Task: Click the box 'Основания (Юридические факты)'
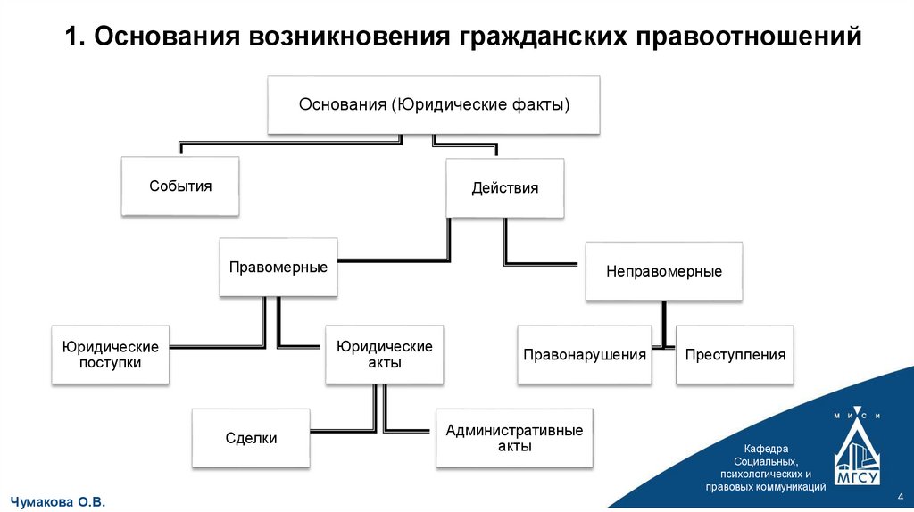[x=434, y=105]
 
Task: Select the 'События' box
[x=180, y=186]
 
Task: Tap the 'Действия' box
[x=505, y=188]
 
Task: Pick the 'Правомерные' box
[x=278, y=268]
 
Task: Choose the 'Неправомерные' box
[x=664, y=271]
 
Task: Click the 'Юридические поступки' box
[x=110, y=355]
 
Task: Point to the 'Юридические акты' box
[x=384, y=354]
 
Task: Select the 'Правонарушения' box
[x=585, y=355]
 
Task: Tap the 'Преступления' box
[x=735, y=355]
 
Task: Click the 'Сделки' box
[x=251, y=438]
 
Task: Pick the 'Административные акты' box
[x=514, y=438]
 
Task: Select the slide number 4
[x=899, y=496]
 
